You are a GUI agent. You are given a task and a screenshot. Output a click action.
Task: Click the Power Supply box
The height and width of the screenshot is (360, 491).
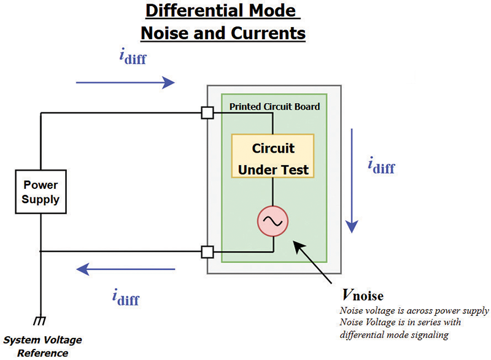(x=41, y=191)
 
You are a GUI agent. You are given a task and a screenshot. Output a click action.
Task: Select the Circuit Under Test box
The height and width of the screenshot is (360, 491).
(x=273, y=156)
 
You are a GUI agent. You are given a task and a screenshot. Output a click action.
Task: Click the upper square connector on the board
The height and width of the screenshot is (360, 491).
(x=207, y=113)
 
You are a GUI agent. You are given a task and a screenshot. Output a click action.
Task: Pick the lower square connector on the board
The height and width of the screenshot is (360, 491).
(x=207, y=251)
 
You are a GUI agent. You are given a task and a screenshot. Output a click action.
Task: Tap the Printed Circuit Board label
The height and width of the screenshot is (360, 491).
(x=274, y=106)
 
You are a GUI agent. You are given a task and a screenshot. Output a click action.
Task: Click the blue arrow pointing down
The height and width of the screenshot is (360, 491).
(x=351, y=180)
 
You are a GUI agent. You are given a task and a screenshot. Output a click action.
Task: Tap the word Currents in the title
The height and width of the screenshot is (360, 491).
(x=268, y=33)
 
